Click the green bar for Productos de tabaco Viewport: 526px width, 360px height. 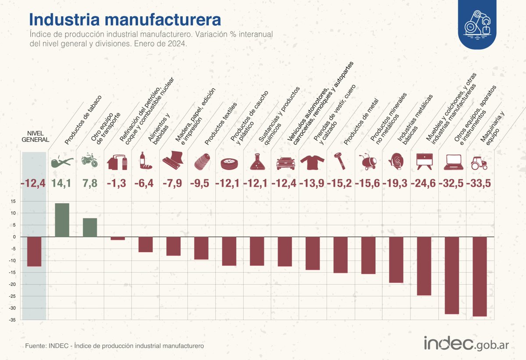coord(62,220)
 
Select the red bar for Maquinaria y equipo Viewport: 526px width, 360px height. coord(480,276)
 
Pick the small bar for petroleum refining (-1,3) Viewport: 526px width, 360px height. coord(118,239)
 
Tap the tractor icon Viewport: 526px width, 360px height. coord(479,163)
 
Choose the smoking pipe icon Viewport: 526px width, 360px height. coord(62,162)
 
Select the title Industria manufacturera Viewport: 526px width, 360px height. coord(125,19)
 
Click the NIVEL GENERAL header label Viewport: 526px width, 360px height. coord(34,136)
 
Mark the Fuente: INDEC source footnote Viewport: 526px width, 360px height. coord(114,346)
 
